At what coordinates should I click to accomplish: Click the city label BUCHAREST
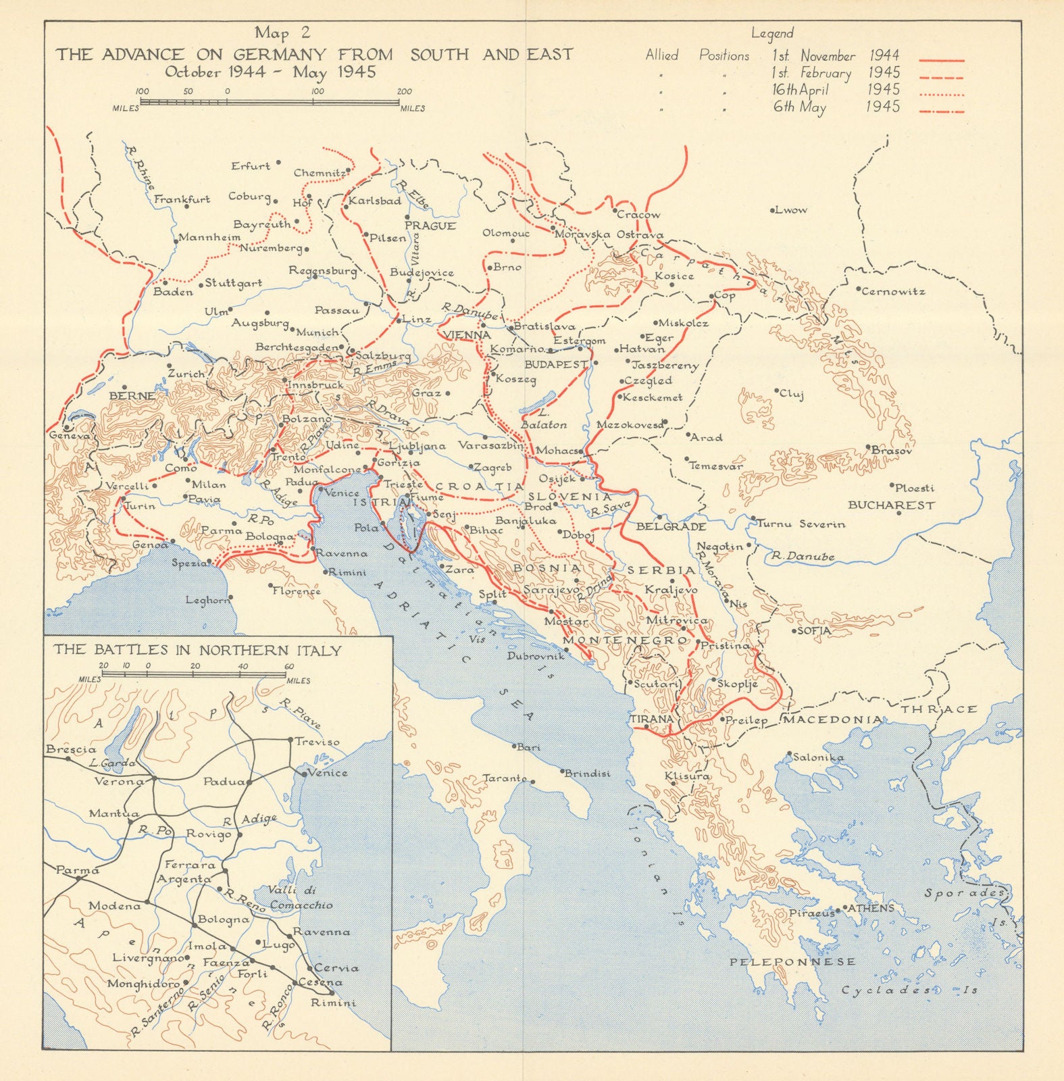(891, 505)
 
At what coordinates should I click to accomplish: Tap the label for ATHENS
(871, 908)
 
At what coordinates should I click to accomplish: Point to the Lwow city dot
(772, 211)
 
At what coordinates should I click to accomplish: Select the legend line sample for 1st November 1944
(942, 61)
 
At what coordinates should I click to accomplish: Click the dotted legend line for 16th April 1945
(942, 95)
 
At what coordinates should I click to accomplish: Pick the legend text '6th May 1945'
(836, 107)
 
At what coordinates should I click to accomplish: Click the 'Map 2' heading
(282, 34)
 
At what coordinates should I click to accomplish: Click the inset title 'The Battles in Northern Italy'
(197, 651)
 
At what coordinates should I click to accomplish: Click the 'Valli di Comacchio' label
(301, 898)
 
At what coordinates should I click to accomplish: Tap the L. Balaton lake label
(544, 418)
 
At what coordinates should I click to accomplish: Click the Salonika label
(819, 757)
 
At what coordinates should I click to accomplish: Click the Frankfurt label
(182, 199)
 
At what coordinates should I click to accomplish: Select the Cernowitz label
(893, 292)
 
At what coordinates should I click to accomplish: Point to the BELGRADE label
(671, 526)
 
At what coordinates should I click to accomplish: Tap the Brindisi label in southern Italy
(587, 773)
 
